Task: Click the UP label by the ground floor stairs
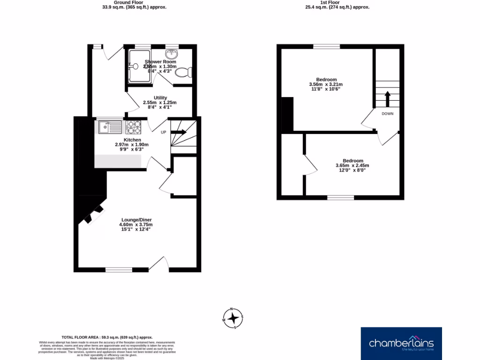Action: (x=164, y=132)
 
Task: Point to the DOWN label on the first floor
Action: (x=387, y=114)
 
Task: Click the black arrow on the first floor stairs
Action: (x=387, y=99)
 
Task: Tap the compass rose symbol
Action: (x=233, y=317)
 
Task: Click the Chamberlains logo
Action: (x=401, y=343)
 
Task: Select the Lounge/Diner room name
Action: (x=136, y=220)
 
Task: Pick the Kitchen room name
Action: (x=132, y=140)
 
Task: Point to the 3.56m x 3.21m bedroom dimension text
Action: (x=326, y=84)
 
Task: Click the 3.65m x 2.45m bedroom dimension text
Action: (x=352, y=165)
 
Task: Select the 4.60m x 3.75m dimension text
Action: (x=136, y=225)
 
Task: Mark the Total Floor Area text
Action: (x=107, y=337)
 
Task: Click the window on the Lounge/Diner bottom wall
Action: (x=119, y=270)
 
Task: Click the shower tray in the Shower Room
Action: (x=139, y=66)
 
